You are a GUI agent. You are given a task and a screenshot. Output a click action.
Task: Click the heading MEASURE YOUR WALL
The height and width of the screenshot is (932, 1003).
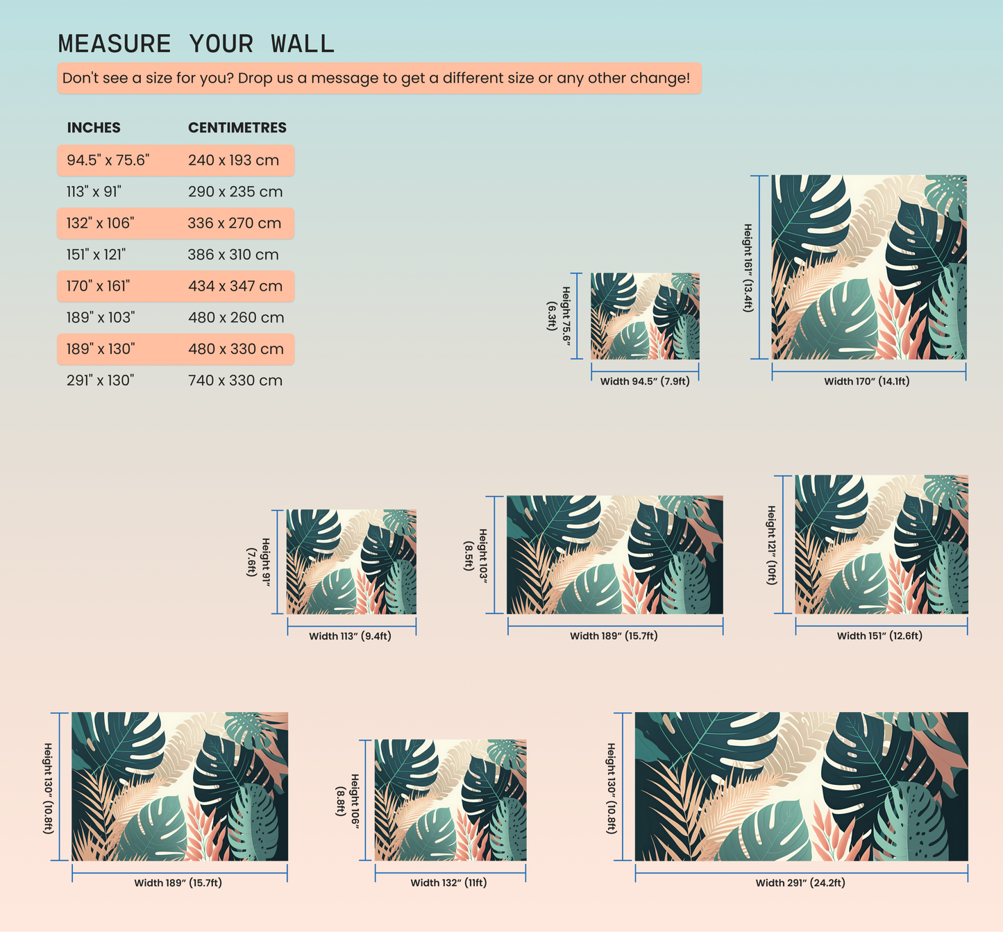coord(196,44)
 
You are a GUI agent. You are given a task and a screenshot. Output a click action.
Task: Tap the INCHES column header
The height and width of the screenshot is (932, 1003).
coord(94,128)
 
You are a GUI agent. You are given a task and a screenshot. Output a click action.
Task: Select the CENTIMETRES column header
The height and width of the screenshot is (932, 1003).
coord(237,128)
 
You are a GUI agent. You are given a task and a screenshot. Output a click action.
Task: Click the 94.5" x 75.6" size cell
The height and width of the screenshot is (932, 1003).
coord(108,160)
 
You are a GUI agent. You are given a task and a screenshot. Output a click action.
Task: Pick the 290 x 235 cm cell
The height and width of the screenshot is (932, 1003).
coord(235,192)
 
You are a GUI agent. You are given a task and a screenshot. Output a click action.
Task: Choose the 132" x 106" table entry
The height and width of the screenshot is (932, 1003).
coord(100,223)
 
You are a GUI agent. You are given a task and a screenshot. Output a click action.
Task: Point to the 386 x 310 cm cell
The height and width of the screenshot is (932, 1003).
coord(233,255)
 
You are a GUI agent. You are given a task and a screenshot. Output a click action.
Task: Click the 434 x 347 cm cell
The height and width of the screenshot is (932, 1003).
coord(235,286)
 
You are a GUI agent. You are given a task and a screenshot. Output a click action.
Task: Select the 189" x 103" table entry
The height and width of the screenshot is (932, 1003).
coord(101,318)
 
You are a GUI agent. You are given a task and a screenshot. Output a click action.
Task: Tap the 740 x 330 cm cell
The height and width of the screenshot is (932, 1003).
coord(235,380)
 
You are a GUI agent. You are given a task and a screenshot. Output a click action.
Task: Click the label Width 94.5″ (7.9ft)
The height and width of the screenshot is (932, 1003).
coord(645,382)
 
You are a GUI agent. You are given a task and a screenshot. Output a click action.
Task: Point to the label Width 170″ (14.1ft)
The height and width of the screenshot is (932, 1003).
coord(866,382)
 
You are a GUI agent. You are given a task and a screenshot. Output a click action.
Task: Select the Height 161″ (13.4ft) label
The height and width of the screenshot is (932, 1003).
coord(748,268)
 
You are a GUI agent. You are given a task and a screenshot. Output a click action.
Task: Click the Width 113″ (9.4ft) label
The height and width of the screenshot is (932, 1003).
coord(350,636)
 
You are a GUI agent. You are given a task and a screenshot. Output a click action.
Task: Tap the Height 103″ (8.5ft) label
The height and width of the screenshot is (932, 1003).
coord(476,556)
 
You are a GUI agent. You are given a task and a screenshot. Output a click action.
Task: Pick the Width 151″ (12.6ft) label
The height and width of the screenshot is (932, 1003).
coord(879,636)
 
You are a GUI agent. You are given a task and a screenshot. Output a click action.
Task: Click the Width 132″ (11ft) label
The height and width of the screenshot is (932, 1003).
coord(448,883)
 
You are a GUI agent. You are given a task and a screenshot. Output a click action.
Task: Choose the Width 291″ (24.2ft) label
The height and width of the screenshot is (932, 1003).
coord(800,883)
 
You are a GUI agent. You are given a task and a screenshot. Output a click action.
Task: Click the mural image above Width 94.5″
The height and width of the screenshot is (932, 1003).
coord(645,316)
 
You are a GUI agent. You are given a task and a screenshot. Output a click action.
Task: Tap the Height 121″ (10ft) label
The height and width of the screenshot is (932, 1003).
coord(771,545)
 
